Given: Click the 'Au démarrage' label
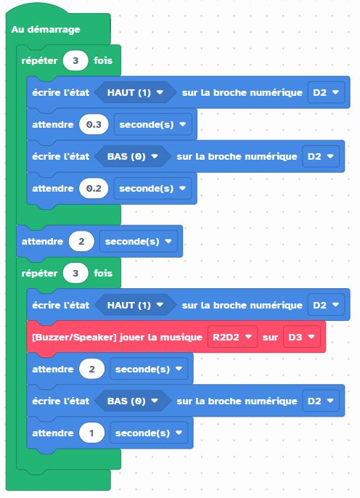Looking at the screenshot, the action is (x=46, y=30).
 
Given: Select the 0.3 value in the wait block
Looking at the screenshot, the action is (x=94, y=125).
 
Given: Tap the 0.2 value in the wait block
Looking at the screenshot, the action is (x=94, y=188).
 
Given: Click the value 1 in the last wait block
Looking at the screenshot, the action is (x=91, y=433).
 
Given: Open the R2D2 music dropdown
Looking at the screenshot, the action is (x=232, y=337).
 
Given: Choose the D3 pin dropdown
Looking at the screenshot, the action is (x=302, y=337).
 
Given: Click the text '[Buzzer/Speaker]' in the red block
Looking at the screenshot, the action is (x=74, y=338).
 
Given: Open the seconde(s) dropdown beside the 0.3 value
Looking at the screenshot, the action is (x=152, y=125).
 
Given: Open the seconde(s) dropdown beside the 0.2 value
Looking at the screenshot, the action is (x=152, y=188).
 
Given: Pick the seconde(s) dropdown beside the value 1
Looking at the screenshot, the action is (x=149, y=433).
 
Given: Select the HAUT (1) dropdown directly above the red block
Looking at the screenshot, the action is (x=135, y=305).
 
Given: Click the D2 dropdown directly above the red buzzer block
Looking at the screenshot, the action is (x=326, y=305).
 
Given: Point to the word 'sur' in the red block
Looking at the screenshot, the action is (x=270, y=338).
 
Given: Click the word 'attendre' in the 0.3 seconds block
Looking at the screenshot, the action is (x=53, y=125).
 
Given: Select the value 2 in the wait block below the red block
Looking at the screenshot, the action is (x=91, y=369).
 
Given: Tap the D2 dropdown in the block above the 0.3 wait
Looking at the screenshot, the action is (x=326, y=92).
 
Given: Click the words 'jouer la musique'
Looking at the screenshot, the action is (x=160, y=338).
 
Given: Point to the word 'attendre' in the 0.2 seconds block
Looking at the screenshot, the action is (x=53, y=188).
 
